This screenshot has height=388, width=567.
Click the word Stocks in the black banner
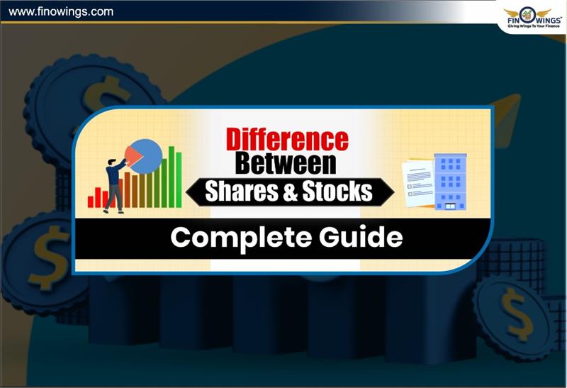341,191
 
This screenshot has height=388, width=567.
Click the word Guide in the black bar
361,238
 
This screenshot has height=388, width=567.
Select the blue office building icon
450,181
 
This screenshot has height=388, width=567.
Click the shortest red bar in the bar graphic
91,201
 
